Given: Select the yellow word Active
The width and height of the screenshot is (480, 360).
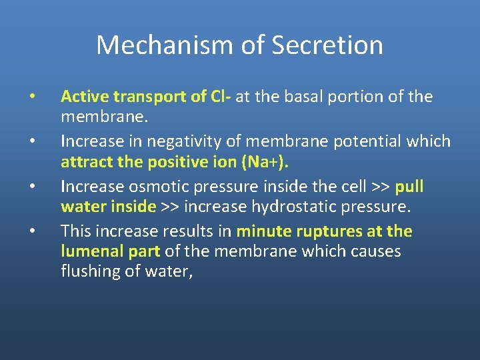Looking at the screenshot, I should tap(85, 97).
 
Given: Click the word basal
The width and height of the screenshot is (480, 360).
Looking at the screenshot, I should tap(303, 97).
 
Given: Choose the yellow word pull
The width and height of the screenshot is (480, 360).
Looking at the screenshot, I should tap(409, 186).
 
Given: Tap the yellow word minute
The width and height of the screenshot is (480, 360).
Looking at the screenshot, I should tap(263, 231).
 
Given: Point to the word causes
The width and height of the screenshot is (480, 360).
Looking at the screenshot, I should tap(376, 251).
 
